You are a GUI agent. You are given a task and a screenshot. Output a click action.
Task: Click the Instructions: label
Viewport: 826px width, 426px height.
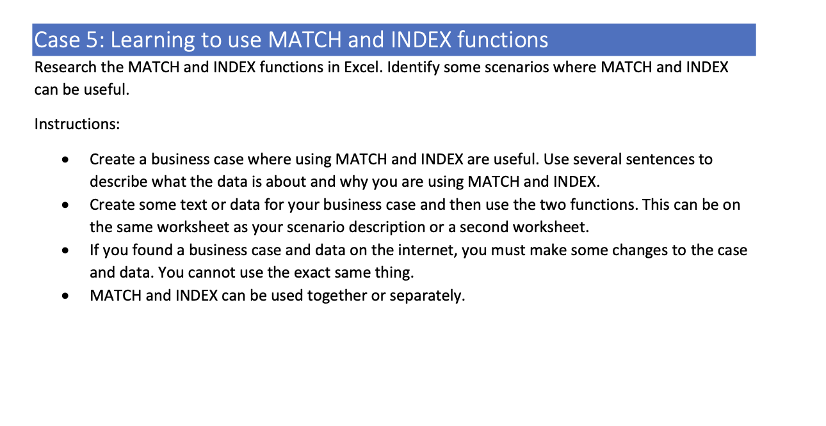pos(77,124)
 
